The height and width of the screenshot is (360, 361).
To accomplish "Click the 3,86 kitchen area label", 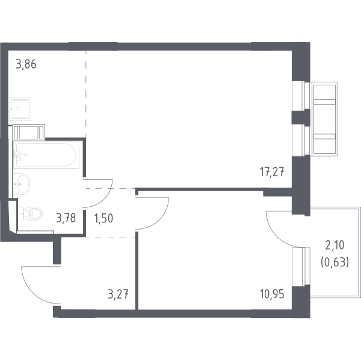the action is tap(26, 64).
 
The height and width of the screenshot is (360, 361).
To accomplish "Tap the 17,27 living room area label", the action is tap(272, 172).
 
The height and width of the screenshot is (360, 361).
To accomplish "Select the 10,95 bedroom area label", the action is tap(272, 294).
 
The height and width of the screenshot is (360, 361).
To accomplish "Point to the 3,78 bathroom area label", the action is tap(66, 218).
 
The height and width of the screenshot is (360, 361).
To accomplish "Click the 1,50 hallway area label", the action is tap(103, 218).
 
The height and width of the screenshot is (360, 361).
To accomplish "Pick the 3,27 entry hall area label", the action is tap(118, 294).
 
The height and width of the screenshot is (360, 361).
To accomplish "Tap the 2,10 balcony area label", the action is tap(335, 245).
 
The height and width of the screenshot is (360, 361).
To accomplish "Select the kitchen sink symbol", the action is tap(20, 108).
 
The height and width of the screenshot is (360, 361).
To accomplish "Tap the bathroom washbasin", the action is tap(22, 184).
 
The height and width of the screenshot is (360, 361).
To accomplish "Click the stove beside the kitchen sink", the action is tap(28, 132).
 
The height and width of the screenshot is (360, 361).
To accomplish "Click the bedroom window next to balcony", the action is tap(301, 267).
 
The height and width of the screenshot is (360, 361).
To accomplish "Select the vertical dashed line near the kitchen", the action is tap(86, 94).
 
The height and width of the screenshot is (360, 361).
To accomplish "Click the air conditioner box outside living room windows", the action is tap(325, 118).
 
